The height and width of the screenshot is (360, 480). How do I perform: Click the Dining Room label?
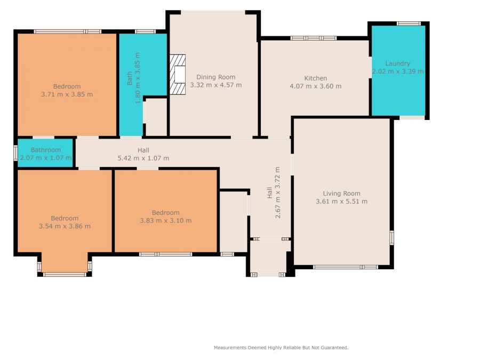pyautogui.click(x=216, y=77)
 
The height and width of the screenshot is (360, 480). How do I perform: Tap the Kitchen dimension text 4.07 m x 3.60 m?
pyautogui.click(x=316, y=86)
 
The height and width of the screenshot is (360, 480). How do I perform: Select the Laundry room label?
pyautogui.click(x=397, y=63)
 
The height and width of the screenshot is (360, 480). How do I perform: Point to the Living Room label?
pyautogui.click(x=342, y=194)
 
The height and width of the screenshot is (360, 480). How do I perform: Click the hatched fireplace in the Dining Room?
pyautogui.click(x=178, y=74)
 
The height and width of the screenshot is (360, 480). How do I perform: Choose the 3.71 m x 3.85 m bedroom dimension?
pyautogui.click(x=67, y=94)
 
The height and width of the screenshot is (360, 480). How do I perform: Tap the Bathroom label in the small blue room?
pyautogui.click(x=46, y=150)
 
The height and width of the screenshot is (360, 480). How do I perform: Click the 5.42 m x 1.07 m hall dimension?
pyautogui.click(x=143, y=158)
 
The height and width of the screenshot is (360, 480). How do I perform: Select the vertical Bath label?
pyautogui.click(x=130, y=78)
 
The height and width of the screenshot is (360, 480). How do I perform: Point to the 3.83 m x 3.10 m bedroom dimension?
pyautogui.click(x=166, y=220)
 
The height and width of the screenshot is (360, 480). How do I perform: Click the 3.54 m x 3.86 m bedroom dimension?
pyautogui.click(x=65, y=226)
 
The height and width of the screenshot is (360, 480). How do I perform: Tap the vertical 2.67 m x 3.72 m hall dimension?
pyautogui.click(x=278, y=192)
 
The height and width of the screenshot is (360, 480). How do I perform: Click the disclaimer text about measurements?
pyautogui.click(x=281, y=347)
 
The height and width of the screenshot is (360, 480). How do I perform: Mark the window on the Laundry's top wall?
pyautogui.click(x=409, y=23)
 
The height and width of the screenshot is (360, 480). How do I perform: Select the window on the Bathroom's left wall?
pyautogui.click(x=15, y=153)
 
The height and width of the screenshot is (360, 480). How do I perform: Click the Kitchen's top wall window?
pyautogui.click(x=314, y=38)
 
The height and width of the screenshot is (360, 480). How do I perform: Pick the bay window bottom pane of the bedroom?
pyautogui.click(x=65, y=274)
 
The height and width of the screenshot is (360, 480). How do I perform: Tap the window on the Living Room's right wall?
pyautogui.click(x=391, y=237)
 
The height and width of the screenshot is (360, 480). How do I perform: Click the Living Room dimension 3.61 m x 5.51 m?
pyautogui.click(x=342, y=202)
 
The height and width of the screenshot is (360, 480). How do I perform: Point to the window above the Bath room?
pyautogui.click(x=145, y=31)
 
